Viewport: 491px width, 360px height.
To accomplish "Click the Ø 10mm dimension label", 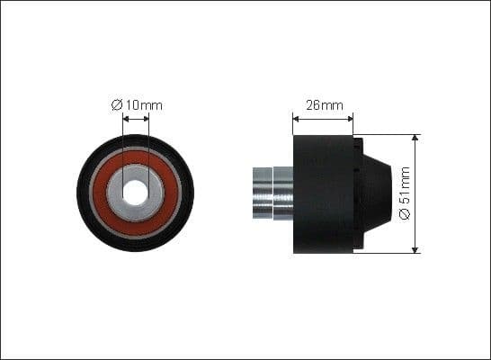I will click(137, 105).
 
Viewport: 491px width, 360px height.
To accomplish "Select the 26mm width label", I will click(325, 105).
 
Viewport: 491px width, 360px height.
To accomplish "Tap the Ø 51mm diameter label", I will click(405, 193).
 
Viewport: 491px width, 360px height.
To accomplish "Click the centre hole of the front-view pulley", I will click(135, 193).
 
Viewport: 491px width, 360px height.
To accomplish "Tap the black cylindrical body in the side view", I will click(324, 193).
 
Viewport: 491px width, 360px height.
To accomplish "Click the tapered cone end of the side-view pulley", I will click(376, 193).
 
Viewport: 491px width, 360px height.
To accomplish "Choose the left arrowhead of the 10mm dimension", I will click(123, 116).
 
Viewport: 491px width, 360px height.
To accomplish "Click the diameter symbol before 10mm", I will click(116, 105).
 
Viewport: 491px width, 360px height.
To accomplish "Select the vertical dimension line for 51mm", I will click(415, 180).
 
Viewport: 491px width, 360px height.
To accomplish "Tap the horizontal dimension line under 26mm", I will click(324, 115).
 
